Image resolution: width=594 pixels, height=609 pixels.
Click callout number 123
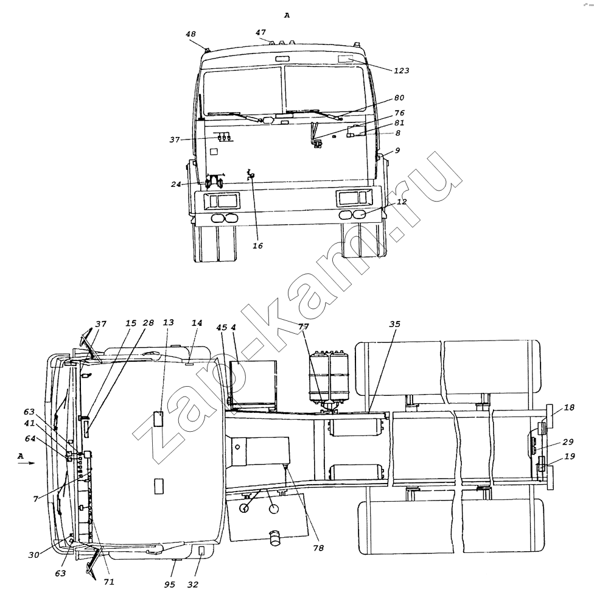402,71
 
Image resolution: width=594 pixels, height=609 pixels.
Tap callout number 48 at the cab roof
190,34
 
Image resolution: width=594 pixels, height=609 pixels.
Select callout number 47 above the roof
260,32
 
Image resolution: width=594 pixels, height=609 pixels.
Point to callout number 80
399,98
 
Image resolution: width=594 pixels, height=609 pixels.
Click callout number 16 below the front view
258,245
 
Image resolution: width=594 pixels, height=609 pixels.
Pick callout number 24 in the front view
176,184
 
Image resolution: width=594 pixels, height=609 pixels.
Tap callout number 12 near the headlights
402,202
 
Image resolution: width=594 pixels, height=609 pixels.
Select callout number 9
397,150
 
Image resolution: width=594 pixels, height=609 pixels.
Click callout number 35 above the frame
394,324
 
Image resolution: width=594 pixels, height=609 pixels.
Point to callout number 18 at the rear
569,407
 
